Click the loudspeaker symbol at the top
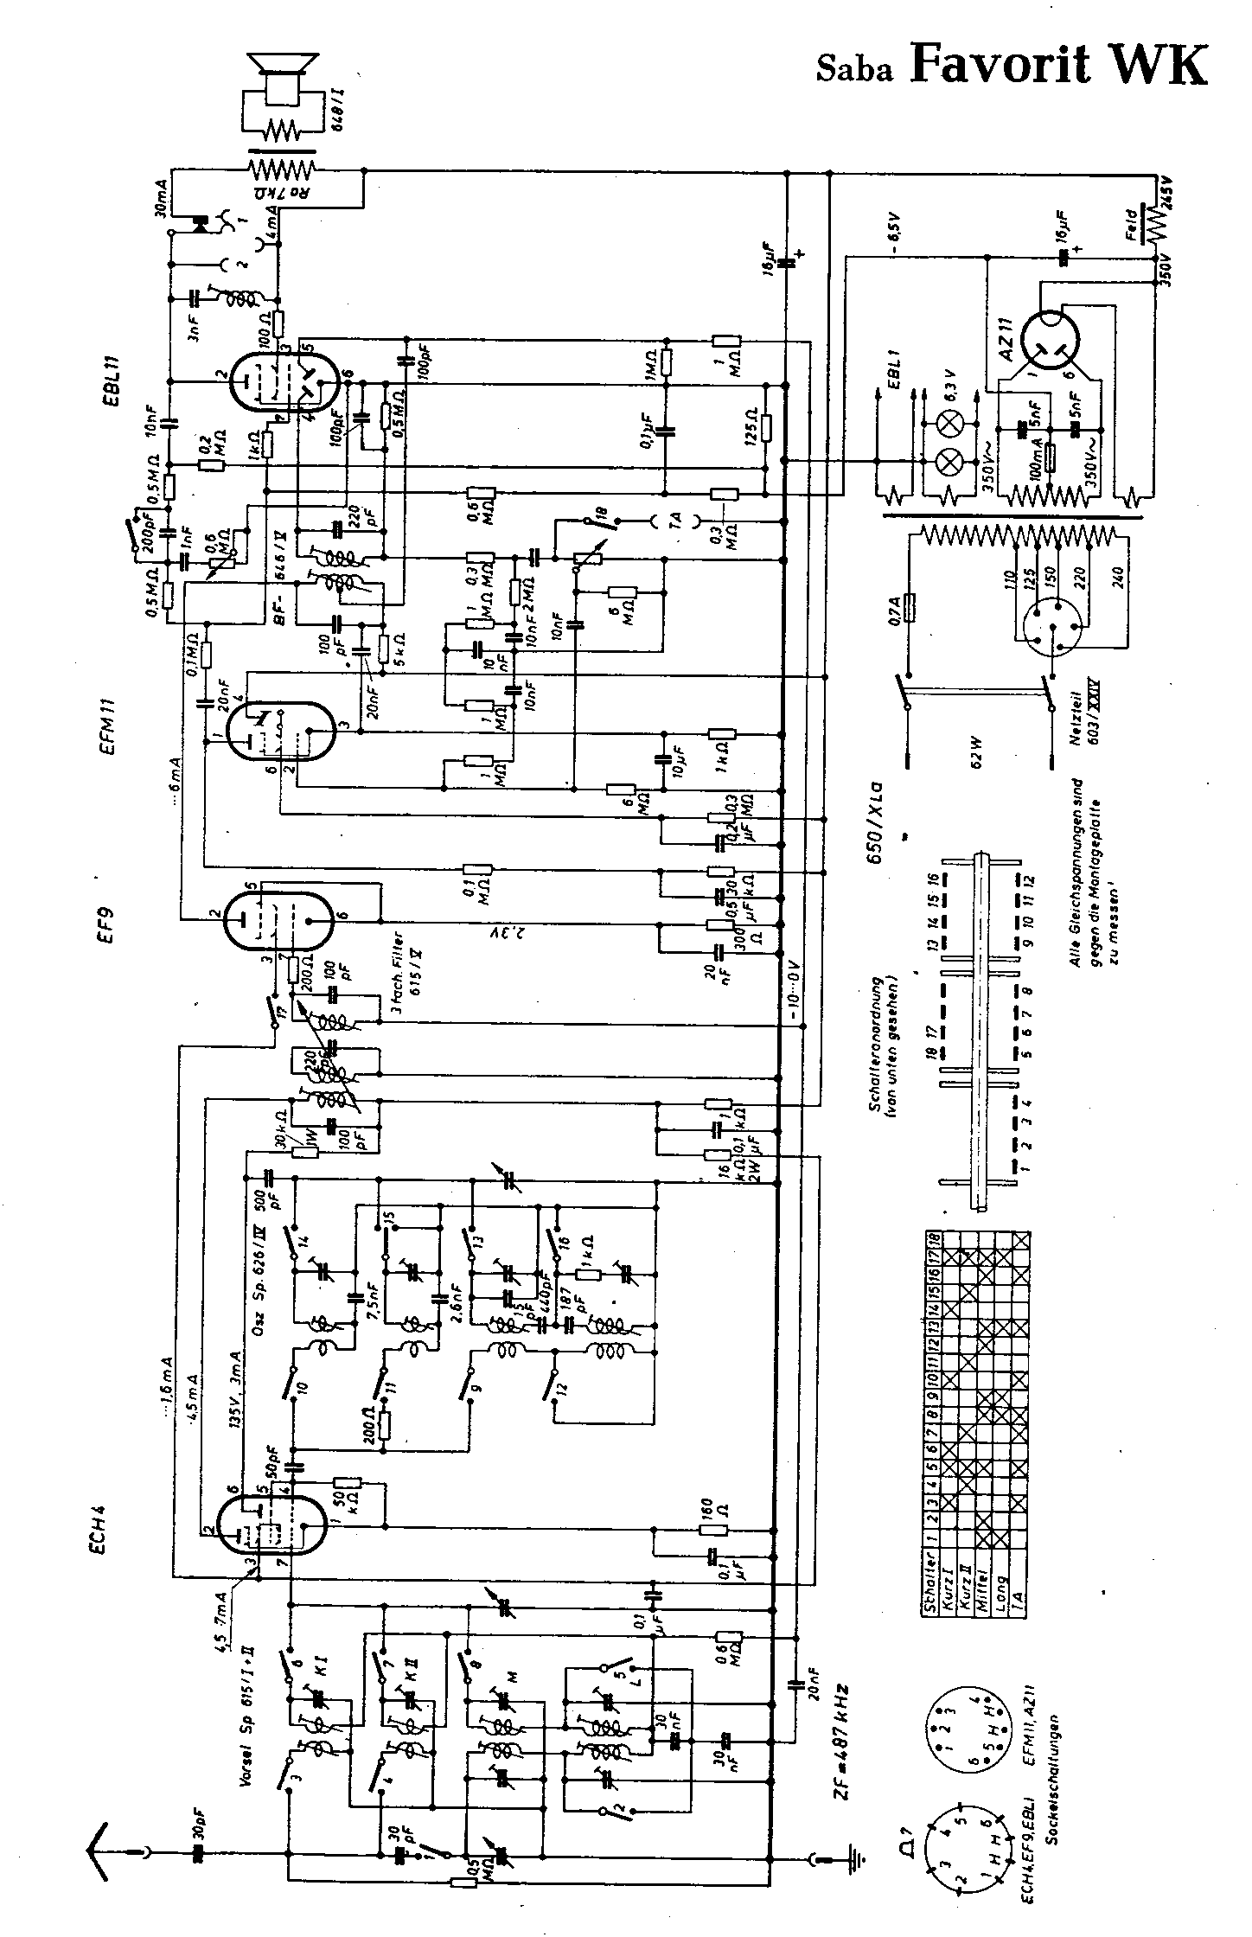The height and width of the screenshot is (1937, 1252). click(x=279, y=74)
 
